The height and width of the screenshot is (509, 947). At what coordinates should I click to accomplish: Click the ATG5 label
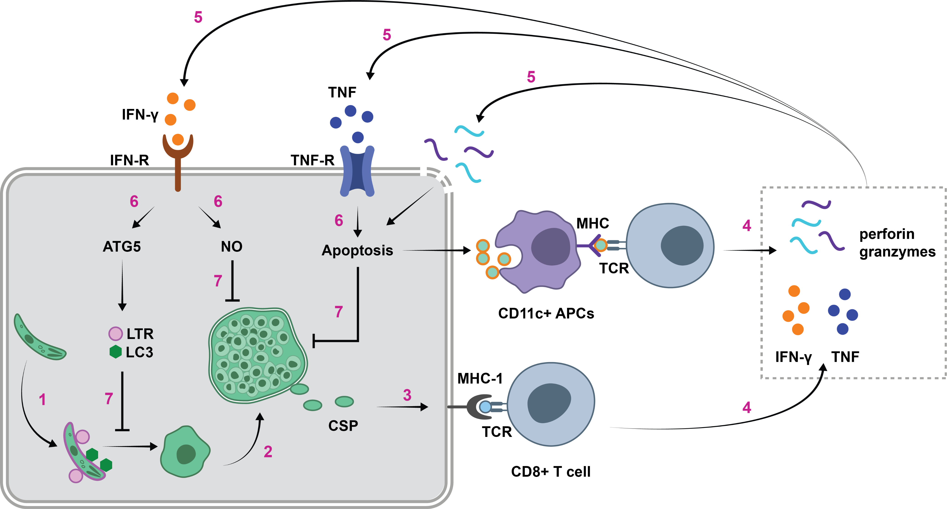[122, 247]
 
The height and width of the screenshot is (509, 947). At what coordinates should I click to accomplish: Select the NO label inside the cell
[232, 247]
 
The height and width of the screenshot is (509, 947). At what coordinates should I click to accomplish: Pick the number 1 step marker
[42, 399]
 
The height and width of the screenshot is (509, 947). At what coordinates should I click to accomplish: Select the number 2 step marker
[268, 452]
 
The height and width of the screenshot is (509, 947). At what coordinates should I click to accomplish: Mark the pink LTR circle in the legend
[115, 333]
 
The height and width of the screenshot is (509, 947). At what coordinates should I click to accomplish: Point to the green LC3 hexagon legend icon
[115, 352]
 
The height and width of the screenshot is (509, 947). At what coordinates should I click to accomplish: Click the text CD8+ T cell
[550, 471]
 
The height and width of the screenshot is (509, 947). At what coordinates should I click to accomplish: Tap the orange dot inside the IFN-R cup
[178, 140]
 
